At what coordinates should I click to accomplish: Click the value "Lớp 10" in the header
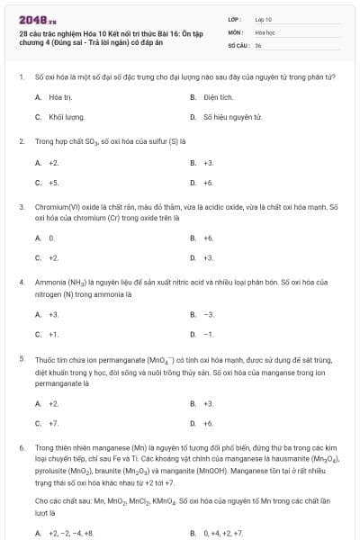264,18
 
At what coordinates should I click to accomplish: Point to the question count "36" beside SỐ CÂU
257,44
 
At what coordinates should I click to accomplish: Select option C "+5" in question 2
53,183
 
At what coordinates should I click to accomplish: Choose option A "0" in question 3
51,238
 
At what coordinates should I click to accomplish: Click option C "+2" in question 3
53,258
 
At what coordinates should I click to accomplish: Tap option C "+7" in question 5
53,422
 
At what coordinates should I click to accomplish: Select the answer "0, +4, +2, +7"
224,533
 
